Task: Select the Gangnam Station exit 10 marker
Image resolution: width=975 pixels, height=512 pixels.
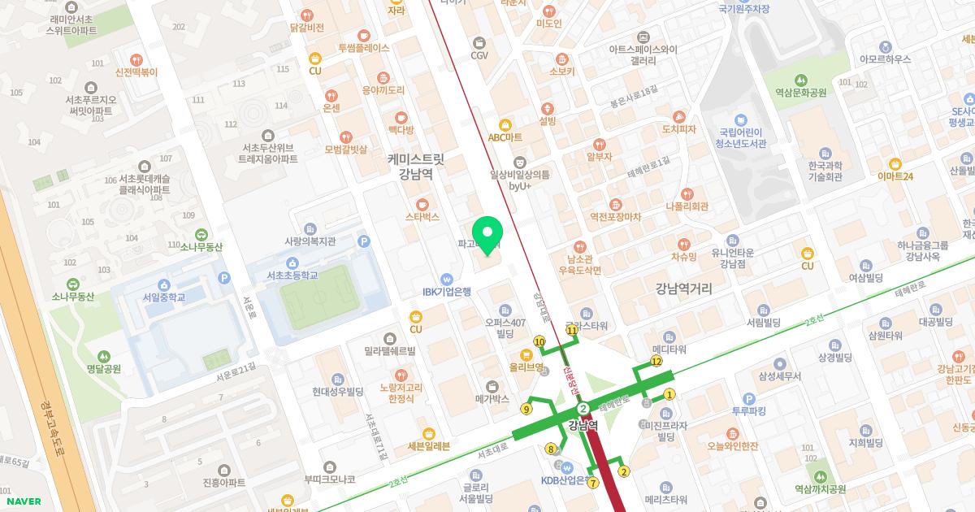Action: click(539, 341)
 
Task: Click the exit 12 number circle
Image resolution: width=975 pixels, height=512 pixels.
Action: click(656, 361)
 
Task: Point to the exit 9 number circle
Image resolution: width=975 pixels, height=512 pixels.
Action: click(526, 409)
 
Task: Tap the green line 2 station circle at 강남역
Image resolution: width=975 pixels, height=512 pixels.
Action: click(583, 408)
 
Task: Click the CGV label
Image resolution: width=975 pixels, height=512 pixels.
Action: click(479, 55)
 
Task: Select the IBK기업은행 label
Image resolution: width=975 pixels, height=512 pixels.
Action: click(446, 291)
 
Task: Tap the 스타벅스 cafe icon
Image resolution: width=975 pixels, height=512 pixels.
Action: click(422, 202)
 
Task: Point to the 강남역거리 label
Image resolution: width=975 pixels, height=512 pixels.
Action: click(683, 288)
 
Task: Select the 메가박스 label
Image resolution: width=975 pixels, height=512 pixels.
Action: click(492, 399)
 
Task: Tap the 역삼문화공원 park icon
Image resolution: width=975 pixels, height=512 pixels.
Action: click(800, 80)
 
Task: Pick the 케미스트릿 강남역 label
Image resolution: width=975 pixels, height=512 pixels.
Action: click(415, 165)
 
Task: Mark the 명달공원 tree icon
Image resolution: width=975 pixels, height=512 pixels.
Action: click(103, 356)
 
